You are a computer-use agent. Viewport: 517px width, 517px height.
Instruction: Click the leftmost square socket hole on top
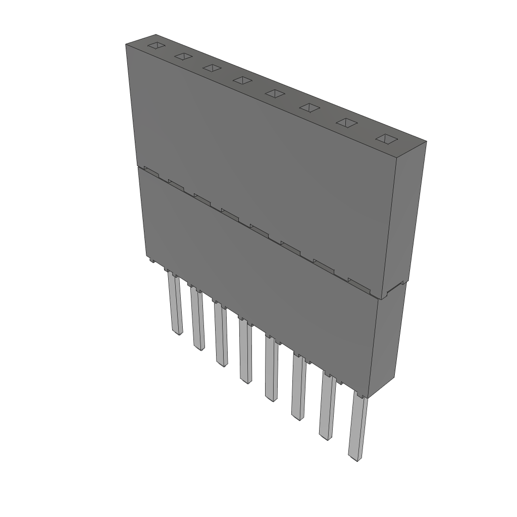click(x=156, y=46)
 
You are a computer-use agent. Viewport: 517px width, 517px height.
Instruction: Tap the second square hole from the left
click(x=183, y=57)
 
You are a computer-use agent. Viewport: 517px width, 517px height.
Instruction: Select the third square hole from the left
click(x=212, y=68)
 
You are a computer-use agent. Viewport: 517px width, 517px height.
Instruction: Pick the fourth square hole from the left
click(x=242, y=80)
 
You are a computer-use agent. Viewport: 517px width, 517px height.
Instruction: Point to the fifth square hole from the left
click(x=275, y=93)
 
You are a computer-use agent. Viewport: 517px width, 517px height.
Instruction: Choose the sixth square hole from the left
click(x=309, y=107)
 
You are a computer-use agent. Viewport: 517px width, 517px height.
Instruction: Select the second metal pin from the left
click(x=197, y=321)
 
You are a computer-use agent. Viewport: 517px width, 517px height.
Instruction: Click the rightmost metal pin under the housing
click(x=357, y=429)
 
